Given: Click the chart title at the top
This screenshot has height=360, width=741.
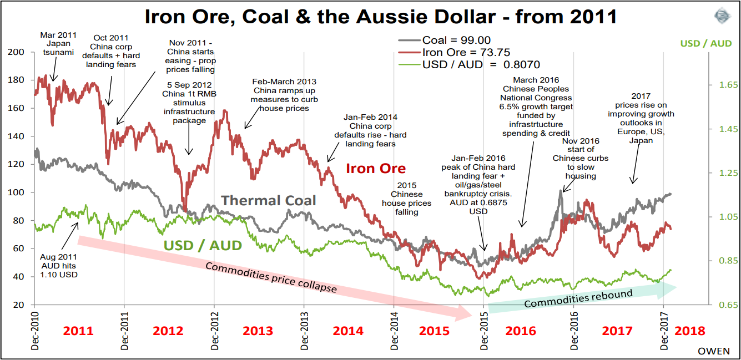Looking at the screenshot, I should point(380,16).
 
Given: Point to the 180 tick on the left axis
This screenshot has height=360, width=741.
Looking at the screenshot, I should point(18,80).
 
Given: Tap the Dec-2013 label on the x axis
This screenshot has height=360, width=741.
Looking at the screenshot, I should point(304,330).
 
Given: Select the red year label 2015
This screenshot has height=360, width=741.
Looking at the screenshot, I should point(434,331).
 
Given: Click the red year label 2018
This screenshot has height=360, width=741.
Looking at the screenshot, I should point(690,331).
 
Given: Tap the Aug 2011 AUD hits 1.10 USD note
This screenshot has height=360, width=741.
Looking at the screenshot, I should point(59,266).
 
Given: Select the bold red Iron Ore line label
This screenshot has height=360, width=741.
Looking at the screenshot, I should point(375,168).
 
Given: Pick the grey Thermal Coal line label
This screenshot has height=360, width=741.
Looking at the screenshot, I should point(269,200).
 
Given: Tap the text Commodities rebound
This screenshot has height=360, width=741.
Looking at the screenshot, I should point(578,298).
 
